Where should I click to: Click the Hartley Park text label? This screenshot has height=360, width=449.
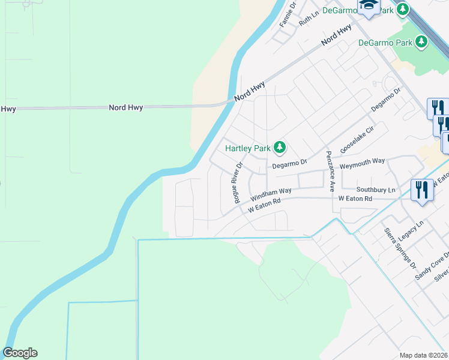[248, 148]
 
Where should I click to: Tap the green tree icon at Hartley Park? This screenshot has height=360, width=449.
[279, 147]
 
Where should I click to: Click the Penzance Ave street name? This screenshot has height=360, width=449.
[330, 171]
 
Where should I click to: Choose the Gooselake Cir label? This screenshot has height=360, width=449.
[357, 142]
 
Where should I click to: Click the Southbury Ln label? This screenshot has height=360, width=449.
[375, 190]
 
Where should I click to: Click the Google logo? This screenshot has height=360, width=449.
[20, 353]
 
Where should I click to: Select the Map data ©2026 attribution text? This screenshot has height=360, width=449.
[424, 355]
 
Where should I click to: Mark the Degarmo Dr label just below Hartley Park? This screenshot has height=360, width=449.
[289, 163]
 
